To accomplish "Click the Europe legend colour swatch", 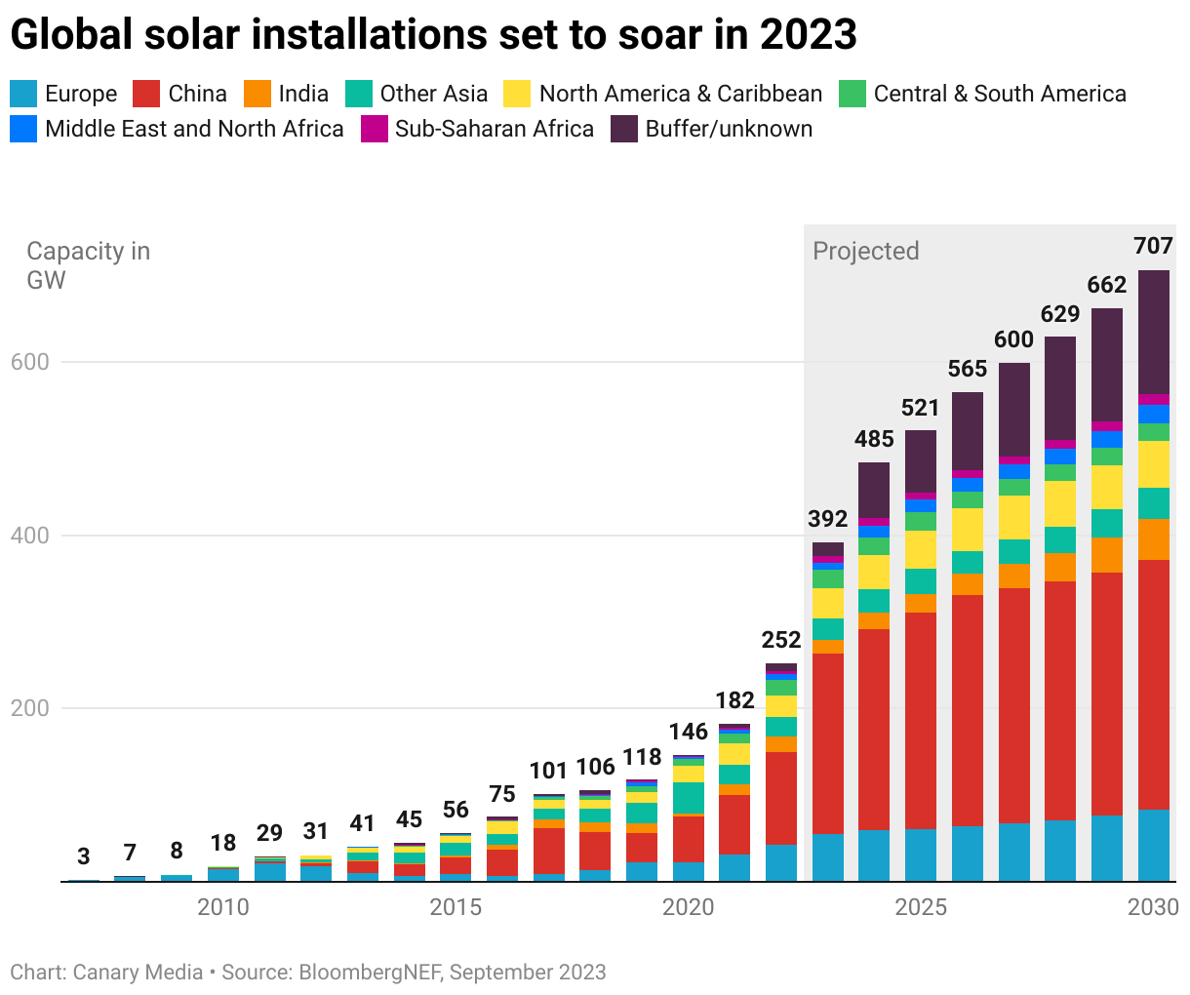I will (23, 94).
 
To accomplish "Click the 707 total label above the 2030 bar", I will (1153, 246).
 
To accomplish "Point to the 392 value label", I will (828, 519).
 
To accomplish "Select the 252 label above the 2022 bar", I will (781, 640).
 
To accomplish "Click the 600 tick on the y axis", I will (29, 362).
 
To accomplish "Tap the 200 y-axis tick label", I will (29, 708).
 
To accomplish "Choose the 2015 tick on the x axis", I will (456, 907).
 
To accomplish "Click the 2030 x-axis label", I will (1153, 907).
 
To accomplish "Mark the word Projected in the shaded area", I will (866, 251).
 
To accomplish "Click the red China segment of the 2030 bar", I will (1154, 683).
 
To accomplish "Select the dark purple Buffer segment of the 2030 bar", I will (1154, 332).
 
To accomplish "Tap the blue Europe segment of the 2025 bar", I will (921, 855).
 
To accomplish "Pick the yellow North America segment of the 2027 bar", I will (1014, 517).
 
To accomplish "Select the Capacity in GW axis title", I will (88, 265).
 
